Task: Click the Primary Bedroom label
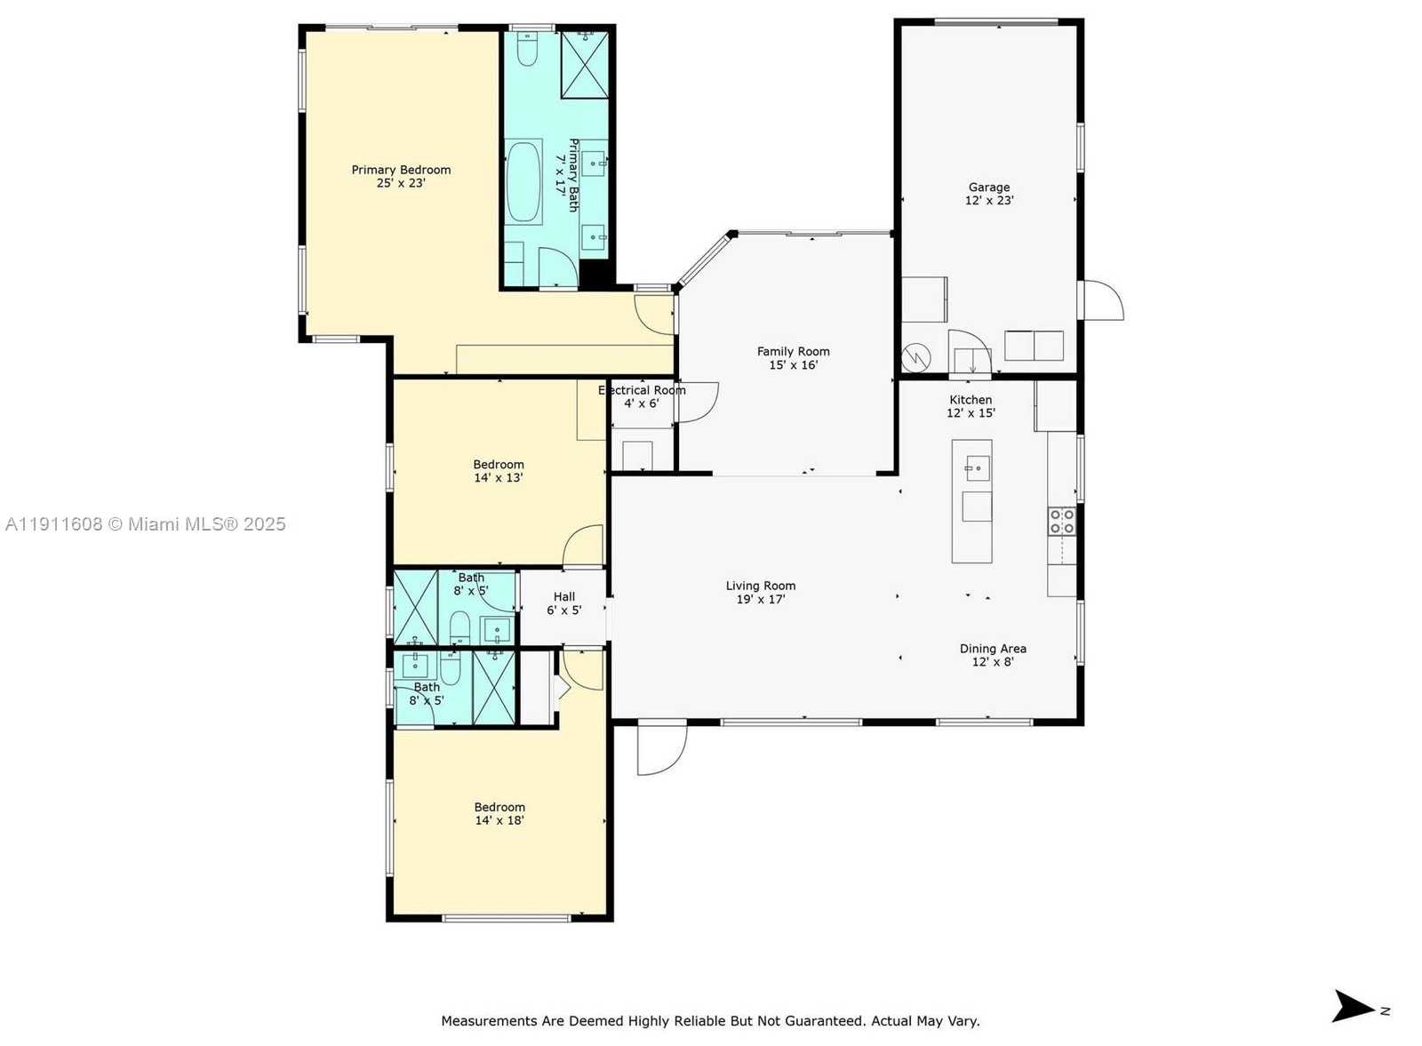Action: click(x=401, y=170)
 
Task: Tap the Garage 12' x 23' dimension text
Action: click(x=989, y=200)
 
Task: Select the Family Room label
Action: click(x=793, y=352)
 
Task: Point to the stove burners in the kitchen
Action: click(x=1061, y=521)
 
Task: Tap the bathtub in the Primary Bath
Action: click(x=523, y=181)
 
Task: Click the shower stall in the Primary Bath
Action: click(x=585, y=64)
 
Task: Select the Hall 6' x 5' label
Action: click(x=563, y=603)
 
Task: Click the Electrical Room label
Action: click(x=642, y=390)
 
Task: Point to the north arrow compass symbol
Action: click(x=1354, y=1007)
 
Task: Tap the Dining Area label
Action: click(x=993, y=649)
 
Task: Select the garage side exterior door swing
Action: click(x=1102, y=300)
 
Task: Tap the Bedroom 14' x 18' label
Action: click(x=499, y=814)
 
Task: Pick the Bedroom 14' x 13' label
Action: click(x=498, y=471)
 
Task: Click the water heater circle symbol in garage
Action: click(x=916, y=358)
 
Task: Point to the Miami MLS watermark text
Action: click(x=145, y=524)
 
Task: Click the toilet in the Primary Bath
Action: click(x=526, y=50)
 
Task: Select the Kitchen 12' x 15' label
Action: click(x=971, y=406)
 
